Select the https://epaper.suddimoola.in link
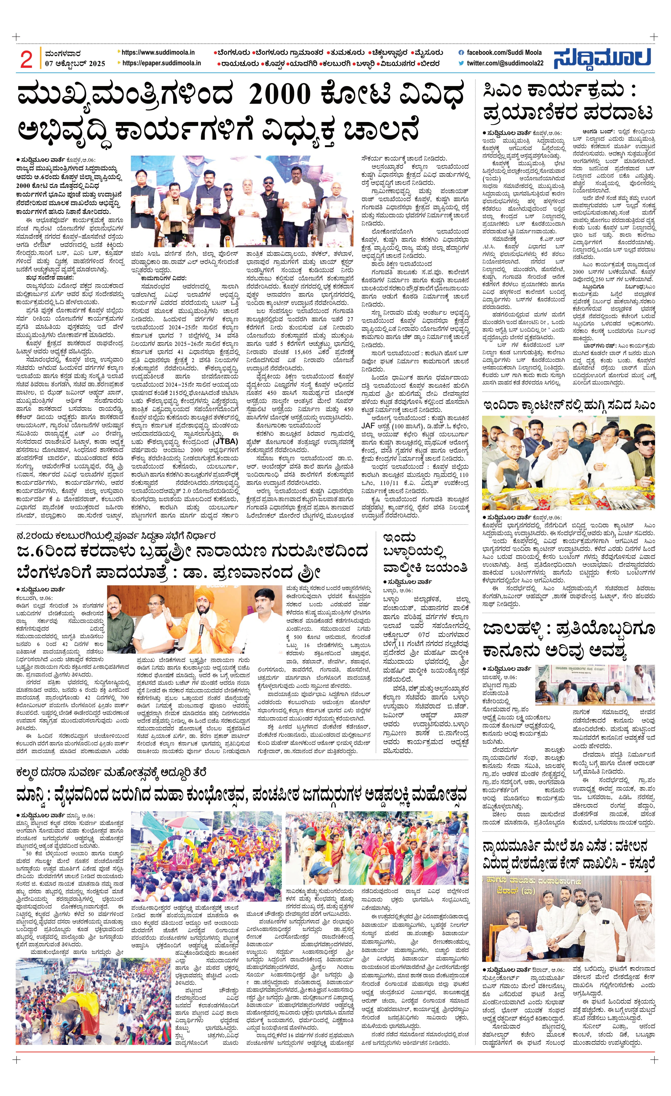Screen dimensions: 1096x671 tap(161, 64)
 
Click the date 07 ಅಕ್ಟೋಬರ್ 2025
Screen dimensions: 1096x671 tap(75, 64)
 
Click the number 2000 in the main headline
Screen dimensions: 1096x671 tap(280, 95)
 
